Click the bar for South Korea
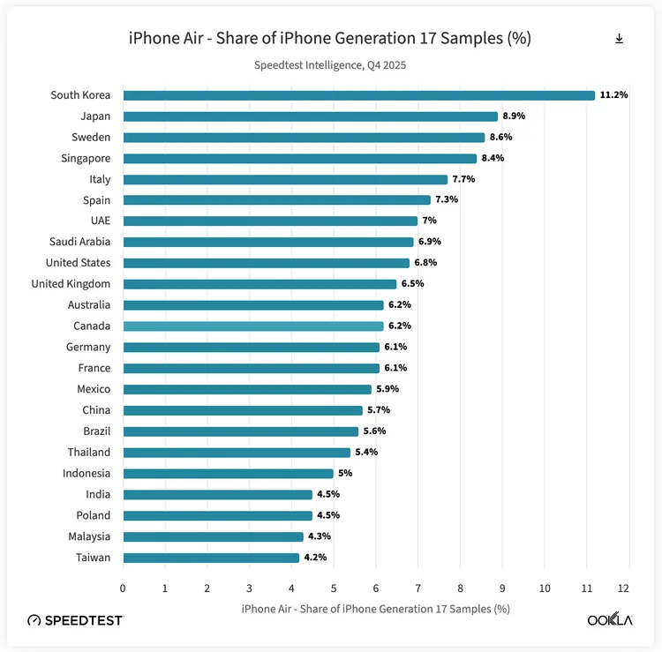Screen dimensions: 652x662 pos(358,95)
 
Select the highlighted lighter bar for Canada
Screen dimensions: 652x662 pos(253,326)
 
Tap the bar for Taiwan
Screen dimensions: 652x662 pos(211,558)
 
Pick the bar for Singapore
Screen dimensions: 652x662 pos(299,159)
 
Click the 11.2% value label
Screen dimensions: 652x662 pos(613,95)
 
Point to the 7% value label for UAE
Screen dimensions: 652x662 pos(430,221)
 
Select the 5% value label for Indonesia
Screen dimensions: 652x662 pos(345,474)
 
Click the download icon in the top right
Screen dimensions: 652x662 pos(620,39)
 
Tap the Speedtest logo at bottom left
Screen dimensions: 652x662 pos(75,620)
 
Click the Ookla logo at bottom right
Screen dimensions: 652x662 pos(610,620)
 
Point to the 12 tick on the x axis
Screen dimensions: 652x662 pos(624,588)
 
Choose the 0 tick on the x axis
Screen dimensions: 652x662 pos(123,588)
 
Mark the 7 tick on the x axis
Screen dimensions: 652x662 pos(418,588)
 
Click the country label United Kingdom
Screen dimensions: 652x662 pos(71,284)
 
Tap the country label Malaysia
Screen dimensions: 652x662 pos(89,536)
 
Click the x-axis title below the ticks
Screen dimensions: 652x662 pos(375,609)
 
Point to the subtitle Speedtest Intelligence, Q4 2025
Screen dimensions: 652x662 pos(330,65)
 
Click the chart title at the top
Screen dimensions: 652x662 pos(330,39)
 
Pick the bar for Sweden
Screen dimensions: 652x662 pos(304,138)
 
